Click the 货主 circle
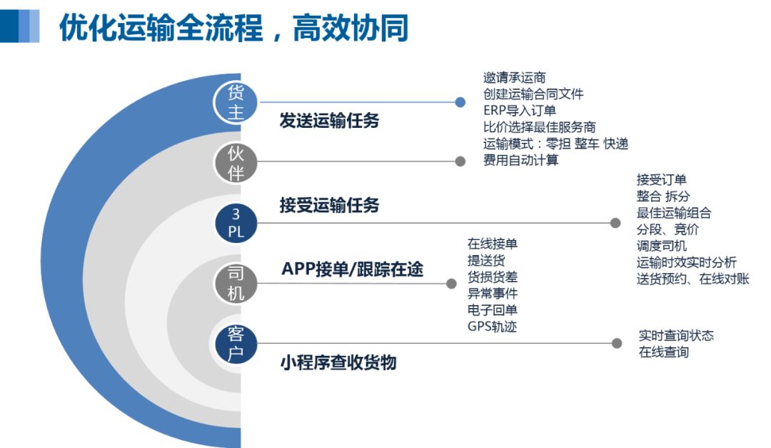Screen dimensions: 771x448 point(236,102)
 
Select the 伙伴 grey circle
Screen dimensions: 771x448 point(236,162)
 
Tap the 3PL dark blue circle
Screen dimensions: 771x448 point(236,223)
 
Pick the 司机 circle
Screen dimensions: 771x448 point(236,284)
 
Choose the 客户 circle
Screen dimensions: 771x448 point(236,343)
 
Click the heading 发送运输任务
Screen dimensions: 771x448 point(329,120)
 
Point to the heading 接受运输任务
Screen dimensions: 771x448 point(329,205)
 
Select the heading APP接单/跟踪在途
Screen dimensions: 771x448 point(352,269)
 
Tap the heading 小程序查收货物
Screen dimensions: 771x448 point(338,362)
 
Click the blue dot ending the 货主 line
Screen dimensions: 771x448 point(460,102)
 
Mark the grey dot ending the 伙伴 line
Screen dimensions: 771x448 point(460,161)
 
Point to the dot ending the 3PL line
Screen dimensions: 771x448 point(615,223)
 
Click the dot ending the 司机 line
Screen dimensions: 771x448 point(451,284)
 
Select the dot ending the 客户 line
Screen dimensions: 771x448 point(617,343)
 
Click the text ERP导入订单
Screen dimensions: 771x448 point(519,111)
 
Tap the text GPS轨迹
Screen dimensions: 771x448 point(492,327)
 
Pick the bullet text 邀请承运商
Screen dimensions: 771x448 point(514,78)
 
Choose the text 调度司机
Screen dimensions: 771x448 point(661,246)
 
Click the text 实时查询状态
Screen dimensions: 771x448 point(676,336)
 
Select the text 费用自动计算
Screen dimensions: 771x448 point(520,160)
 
